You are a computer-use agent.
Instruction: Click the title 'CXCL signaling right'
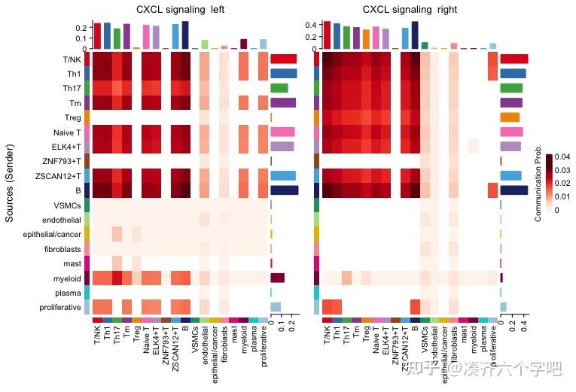408,10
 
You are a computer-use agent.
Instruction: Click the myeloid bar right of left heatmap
277,278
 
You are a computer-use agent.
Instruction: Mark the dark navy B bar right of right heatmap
514,190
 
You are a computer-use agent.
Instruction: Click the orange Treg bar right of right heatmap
510,117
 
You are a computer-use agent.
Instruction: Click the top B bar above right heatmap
415,35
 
